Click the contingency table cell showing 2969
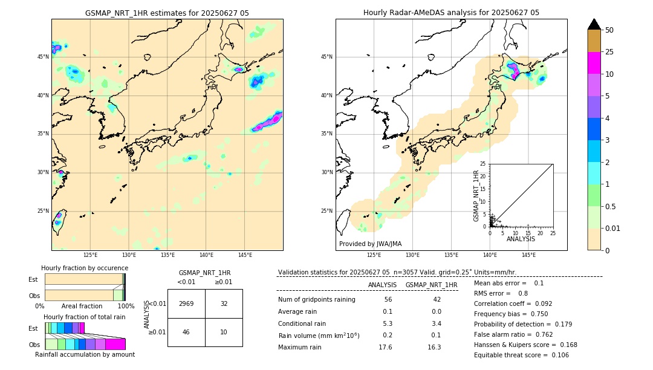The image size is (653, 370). point(186,303)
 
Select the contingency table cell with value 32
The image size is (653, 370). point(224,303)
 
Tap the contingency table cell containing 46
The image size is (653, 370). point(186,332)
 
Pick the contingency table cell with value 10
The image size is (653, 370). point(224,332)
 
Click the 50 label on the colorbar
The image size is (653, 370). point(609,30)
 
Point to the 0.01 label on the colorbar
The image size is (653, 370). point(612,228)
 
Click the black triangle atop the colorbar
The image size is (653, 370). point(594,24)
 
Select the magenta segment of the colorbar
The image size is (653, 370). point(594,63)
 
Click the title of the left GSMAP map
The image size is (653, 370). point(167,13)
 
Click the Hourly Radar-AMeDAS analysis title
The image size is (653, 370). point(451,13)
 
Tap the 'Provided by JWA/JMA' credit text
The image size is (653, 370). point(370,244)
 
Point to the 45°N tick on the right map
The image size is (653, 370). point(326,57)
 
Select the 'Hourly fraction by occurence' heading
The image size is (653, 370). point(85,268)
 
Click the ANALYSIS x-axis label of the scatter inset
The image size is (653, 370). point(521,239)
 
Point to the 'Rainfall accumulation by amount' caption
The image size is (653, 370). point(85,355)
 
